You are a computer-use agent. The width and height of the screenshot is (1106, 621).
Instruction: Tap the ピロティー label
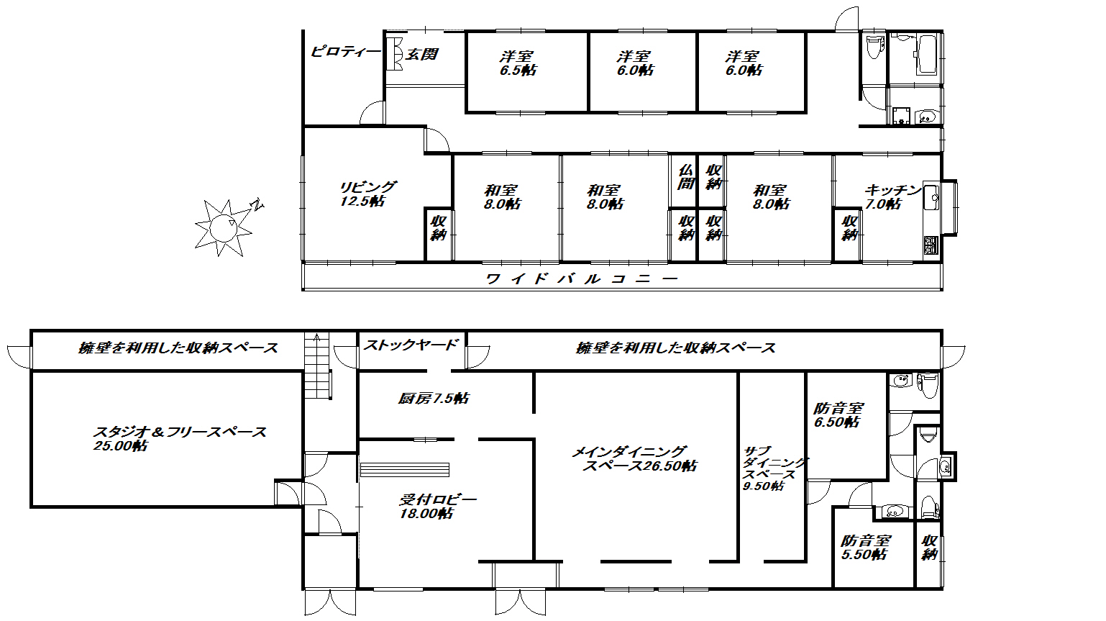pos(346,52)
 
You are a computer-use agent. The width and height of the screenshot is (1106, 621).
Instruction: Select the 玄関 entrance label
pos(421,54)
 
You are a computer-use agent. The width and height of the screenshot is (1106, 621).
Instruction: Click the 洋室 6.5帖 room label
pos(518,63)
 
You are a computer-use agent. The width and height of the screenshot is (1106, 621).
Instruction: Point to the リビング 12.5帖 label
pos(367,194)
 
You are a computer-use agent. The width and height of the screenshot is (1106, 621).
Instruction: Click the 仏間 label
pos(686,176)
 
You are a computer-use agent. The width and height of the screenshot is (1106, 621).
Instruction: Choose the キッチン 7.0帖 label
pos(892,197)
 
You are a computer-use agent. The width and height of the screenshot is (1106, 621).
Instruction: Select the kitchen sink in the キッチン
pos(932,195)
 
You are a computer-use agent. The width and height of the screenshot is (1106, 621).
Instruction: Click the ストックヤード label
pos(411,345)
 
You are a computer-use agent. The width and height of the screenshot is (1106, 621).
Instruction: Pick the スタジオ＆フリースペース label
pos(179,438)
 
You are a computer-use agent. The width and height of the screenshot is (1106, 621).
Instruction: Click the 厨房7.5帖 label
pos(434,398)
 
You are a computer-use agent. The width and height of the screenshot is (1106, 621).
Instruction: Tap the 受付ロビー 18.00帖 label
pos(437,507)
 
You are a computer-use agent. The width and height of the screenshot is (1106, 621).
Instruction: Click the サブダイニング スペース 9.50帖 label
pos(773,468)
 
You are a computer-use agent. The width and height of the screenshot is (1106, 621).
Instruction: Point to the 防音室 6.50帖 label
pos(838,415)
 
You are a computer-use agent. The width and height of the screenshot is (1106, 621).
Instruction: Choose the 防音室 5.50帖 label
pos(866,548)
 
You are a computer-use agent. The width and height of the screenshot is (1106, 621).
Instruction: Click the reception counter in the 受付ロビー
pos(405,469)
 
